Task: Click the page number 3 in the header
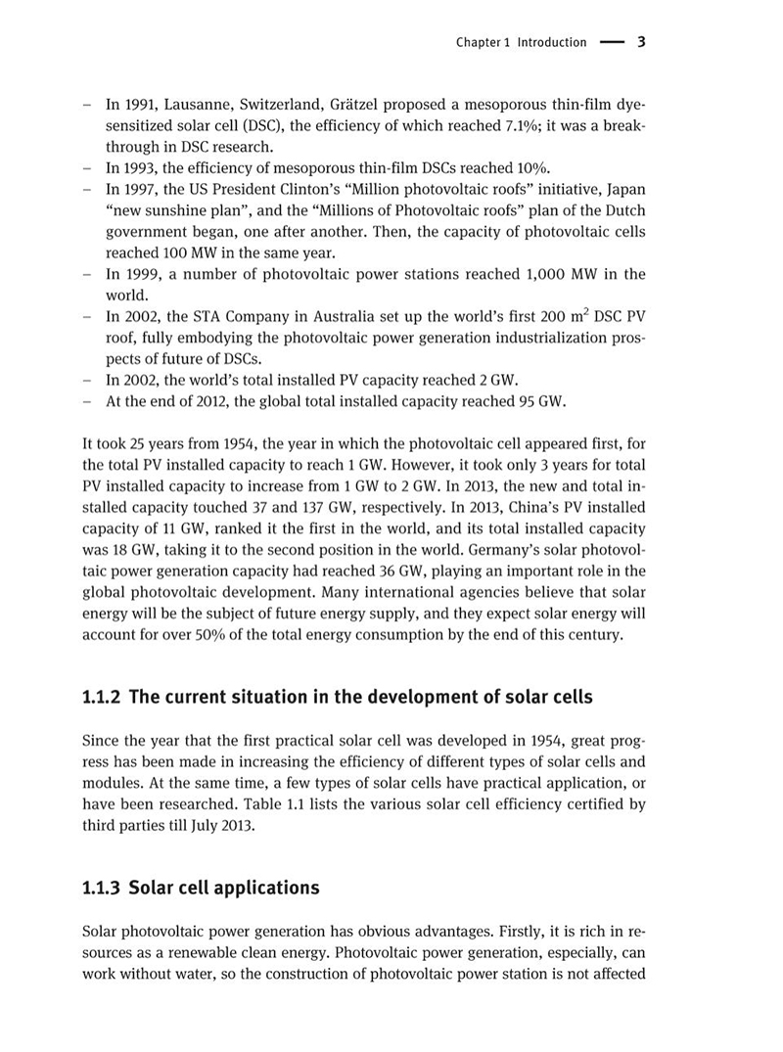click(640, 42)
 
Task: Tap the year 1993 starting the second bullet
click(138, 166)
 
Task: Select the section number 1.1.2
click(102, 698)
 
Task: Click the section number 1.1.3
click(102, 888)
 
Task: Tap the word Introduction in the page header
click(552, 42)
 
